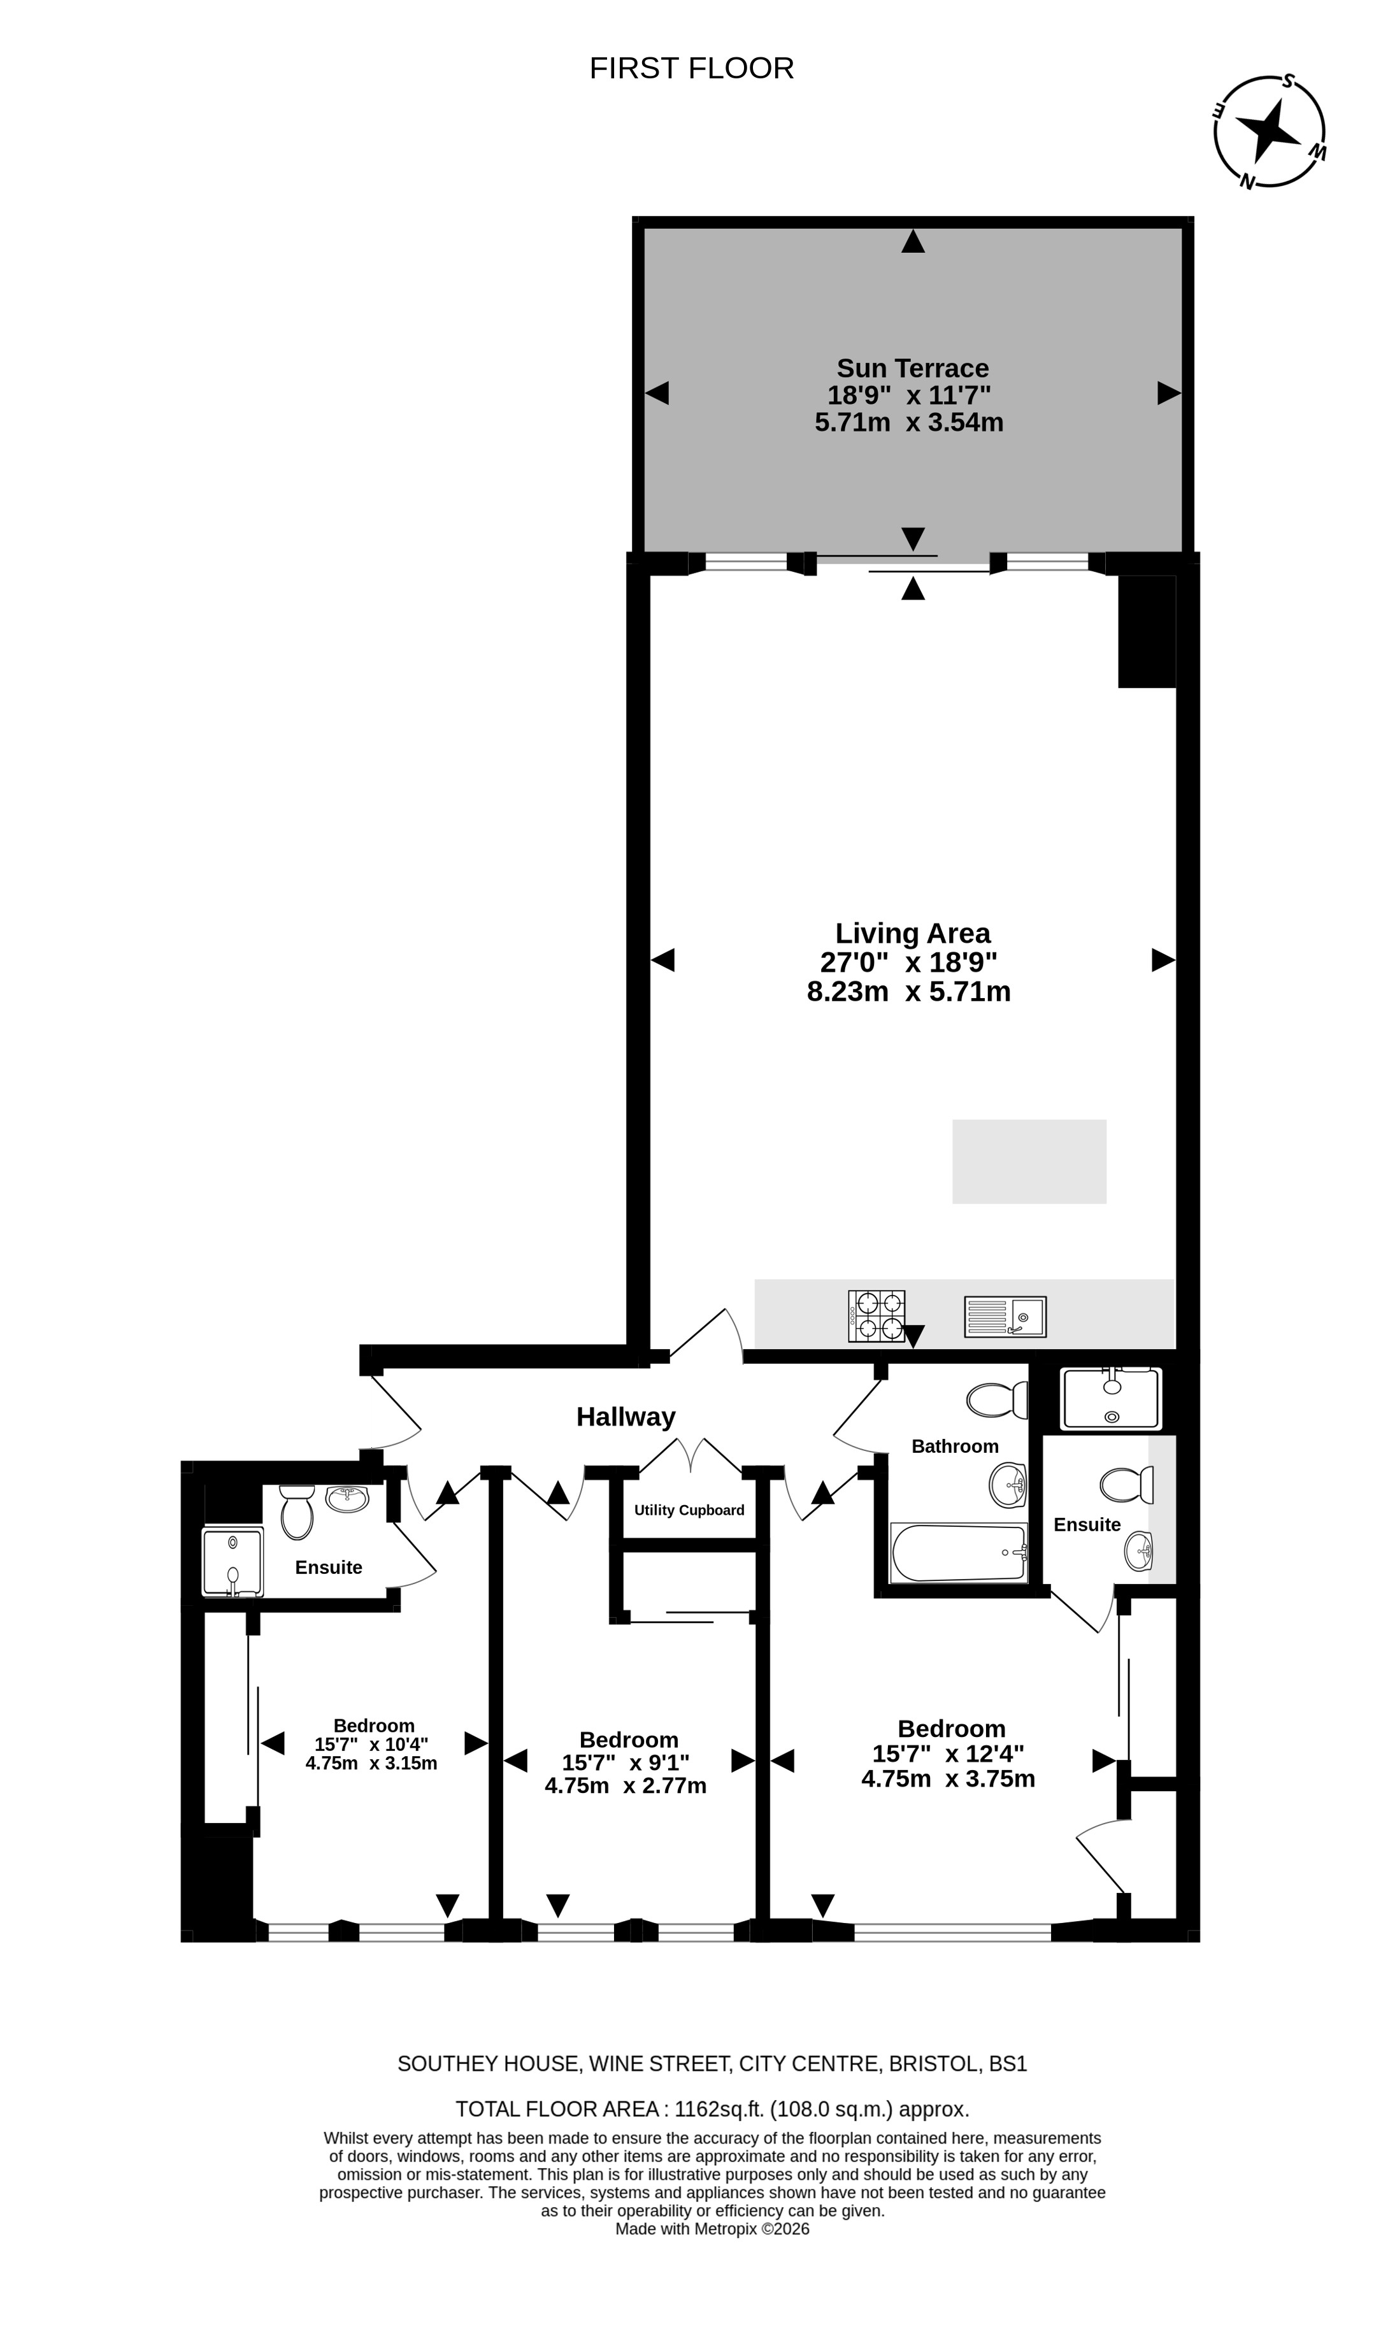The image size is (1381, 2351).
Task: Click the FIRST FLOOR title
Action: click(x=691, y=68)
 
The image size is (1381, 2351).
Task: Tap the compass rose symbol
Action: click(x=1270, y=132)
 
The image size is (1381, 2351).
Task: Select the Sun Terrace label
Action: click(x=913, y=369)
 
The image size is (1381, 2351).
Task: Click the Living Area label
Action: click(x=913, y=933)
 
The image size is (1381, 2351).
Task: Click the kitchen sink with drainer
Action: click(x=1005, y=1317)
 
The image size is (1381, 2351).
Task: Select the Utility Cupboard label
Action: click(x=690, y=1510)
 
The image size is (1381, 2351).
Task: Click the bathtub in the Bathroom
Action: click(x=959, y=1552)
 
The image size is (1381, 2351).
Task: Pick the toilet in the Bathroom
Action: click(x=996, y=1399)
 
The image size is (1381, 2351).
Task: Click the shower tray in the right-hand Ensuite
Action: click(x=1110, y=1399)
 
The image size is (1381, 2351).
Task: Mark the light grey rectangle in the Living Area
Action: click(x=1029, y=1162)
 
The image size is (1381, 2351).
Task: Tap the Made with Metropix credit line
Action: click(x=712, y=2229)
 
